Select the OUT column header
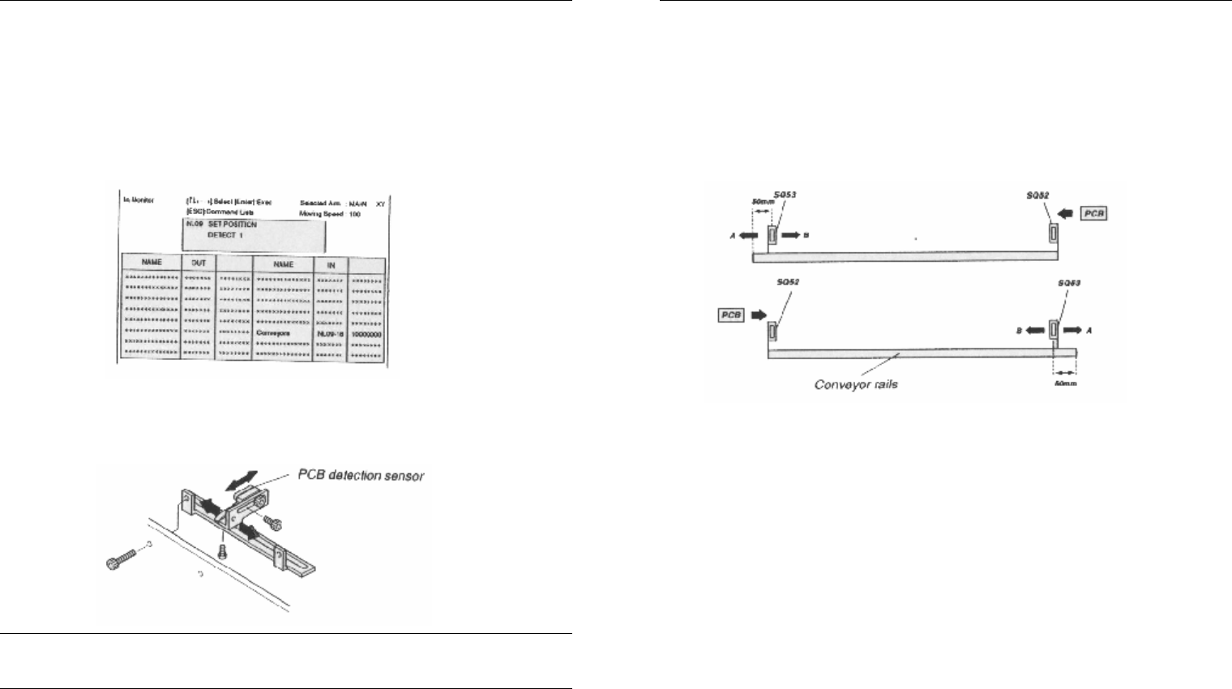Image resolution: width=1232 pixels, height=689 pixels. coord(199,263)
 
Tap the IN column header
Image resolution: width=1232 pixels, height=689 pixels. coord(331,264)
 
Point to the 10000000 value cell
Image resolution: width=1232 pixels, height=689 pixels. coord(366,333)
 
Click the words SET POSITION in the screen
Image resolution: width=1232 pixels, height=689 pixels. coord(233,225)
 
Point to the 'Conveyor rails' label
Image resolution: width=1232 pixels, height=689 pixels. coord(855,384)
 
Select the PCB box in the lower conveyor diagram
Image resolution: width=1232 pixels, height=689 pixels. coord(731,315)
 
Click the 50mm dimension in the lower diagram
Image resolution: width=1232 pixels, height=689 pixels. coord(1065,383)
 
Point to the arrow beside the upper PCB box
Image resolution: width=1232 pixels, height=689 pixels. coord(1067,213)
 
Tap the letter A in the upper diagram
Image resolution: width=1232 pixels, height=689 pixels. coord(733,235)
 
